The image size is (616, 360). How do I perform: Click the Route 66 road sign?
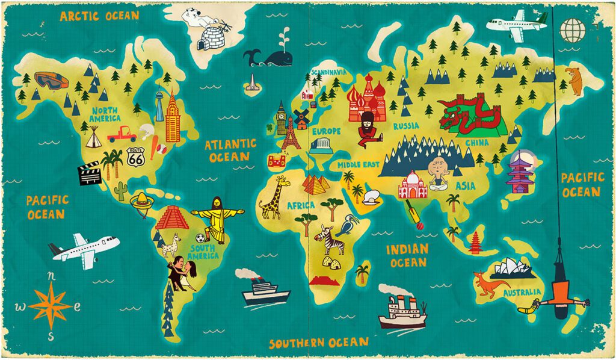pyautogui.click(x=136, y=157)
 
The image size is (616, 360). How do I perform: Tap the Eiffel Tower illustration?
pyautogui.click(x=291, y=134)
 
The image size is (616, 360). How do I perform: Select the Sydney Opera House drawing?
pyautogui.click(x=513, y=268)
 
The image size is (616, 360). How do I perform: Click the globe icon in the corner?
pyautogui.click(x=572, y=28)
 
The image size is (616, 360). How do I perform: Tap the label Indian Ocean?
pyautogui.click(x=408, y=255)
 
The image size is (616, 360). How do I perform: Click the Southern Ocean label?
pyautogui.click(x=318, y=343)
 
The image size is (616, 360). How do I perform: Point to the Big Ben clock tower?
pyautogui.click(x=281, y=119)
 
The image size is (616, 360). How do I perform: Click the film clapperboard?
pyautogui.click(x=88, y=172)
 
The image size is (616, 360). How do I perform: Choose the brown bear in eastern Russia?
pyautogui.click(x=575, y=81)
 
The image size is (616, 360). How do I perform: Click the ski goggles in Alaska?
pyautogui.click(x=48, y=80)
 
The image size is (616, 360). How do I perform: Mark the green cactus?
pyautogui.click(x=122, y=191)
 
